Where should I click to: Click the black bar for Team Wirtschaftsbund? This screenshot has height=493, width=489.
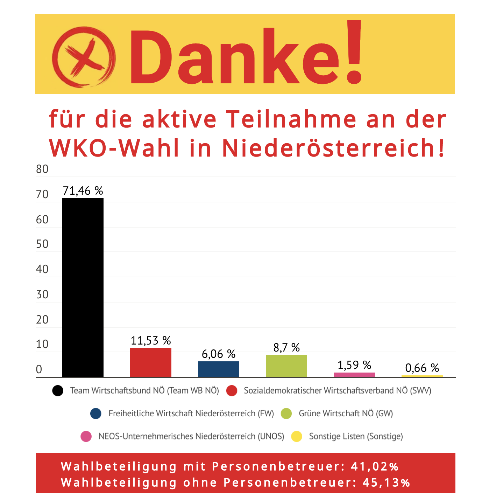click(x=83, y=287)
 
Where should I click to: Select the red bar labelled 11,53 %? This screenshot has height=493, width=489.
click(x=151, y=362)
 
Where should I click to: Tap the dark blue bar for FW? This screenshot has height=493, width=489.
click(x=219, y=369)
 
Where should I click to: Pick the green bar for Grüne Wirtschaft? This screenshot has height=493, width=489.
click(x=286, y=366)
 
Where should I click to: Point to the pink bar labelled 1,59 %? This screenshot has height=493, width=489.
click(x=354, y=375)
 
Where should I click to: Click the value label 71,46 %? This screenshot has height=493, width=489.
click(x=83, y=191)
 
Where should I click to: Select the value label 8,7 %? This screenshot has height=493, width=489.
click(x=286, y=348)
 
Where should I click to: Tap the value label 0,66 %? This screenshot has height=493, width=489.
click(x=422, y=368)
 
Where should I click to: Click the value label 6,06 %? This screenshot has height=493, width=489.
click(x=219, y=354)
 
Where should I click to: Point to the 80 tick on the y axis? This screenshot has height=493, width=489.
click(x=42, y=169)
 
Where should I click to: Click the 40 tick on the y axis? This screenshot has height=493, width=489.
click(x=42, y=269)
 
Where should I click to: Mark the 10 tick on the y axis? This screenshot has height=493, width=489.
click(x=42, y=344)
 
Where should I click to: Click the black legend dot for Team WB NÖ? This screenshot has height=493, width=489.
click(x=58, y=391)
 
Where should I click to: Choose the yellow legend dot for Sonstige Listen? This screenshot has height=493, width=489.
click(x=297, y=437)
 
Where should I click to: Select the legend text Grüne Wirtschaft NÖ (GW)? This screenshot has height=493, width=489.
click(x=346, y=414)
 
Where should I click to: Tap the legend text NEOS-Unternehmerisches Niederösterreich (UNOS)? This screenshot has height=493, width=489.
click(x=191, y=437)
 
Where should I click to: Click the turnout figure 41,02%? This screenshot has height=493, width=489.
click(x=375, y=467)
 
